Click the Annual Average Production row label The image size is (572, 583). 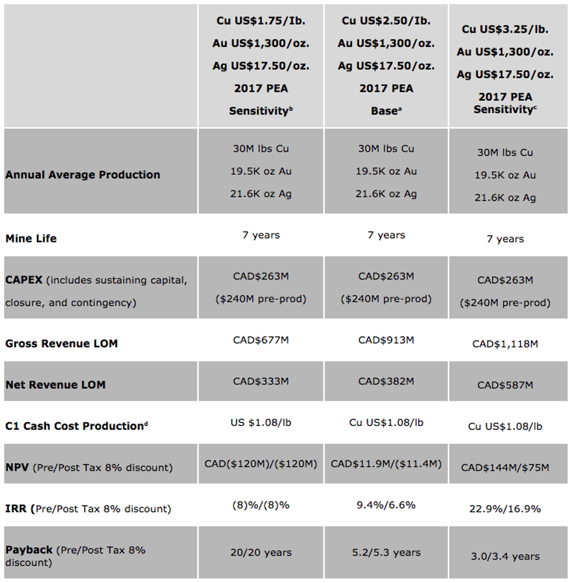pos(82,174)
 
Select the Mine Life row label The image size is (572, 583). pos(31,238)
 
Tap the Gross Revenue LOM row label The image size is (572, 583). pos(61,343)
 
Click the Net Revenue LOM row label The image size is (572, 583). pos(55,385)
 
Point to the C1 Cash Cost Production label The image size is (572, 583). pos(75,426)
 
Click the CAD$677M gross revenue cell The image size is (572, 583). pos(260,340)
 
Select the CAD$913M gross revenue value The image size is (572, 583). pos(386,340)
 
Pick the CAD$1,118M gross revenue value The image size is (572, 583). pos(505,344)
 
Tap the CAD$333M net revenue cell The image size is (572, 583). pos(260,381)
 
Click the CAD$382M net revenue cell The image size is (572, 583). pos(386,381)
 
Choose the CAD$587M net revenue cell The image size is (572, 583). pos(505,385)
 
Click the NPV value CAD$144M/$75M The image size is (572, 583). pos(505,467)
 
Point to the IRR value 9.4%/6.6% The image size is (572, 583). pos(386,505)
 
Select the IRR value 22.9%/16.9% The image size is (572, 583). pos(505,509)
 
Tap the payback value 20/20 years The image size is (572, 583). pos(260,552)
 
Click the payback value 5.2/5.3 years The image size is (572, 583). pos(386,552)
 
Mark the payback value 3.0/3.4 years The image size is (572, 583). pos(505,556)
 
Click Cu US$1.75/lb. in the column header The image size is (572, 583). pos(260,20)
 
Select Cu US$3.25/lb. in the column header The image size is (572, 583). pos(505,29)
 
